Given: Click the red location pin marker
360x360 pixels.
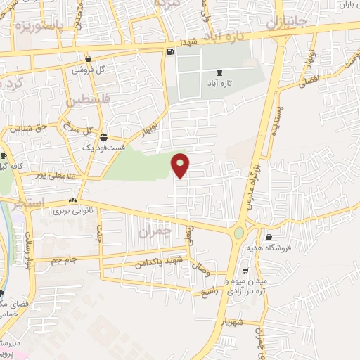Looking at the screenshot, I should (181, 165).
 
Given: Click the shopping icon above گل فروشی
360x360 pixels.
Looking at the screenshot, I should (88, 59).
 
